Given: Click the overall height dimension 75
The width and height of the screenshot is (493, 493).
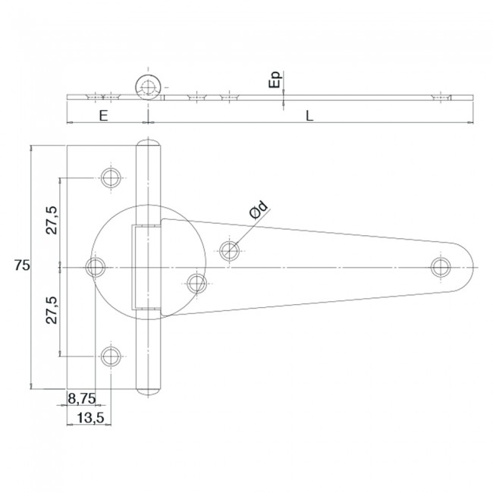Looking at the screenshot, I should coord(21,265).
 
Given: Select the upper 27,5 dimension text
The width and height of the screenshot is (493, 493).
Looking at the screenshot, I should coord(52,220).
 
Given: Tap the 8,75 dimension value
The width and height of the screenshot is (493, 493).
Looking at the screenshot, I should coord(80,397).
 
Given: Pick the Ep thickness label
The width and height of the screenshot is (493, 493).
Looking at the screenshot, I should coord(275,79).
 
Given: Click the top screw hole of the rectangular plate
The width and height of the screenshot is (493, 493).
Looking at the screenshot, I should coord(111,178).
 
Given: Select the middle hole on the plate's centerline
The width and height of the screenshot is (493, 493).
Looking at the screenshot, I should coord(96,266).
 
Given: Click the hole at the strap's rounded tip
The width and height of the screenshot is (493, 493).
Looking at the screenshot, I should coord(440,266).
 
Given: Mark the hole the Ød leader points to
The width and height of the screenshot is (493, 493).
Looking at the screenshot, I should coord(230,249).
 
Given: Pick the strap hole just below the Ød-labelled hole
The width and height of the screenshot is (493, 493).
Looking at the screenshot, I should coord(197,284).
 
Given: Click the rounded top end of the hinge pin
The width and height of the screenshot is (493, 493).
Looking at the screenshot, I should coord(148,144).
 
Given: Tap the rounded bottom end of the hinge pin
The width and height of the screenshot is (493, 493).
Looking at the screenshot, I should coord(148,389).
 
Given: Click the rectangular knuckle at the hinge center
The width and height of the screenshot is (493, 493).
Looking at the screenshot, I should coord(148,267).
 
